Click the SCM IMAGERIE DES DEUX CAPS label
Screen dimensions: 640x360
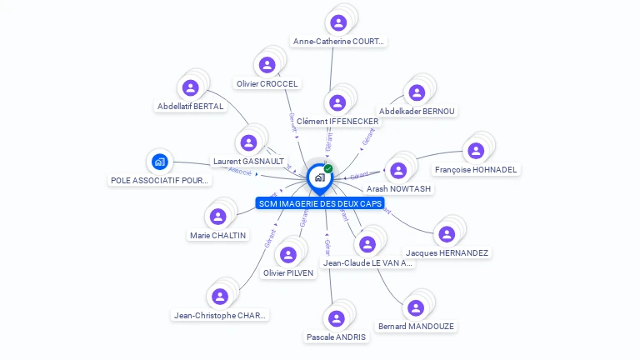point(320,203)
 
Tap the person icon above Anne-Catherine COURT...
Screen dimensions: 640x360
point(337,22)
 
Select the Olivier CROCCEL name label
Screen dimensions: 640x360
point(267,83)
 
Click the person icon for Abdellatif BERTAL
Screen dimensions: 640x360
point(191,87)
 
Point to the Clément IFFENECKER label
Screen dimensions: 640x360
point(337,122)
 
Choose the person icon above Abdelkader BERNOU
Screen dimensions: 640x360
point(415,92)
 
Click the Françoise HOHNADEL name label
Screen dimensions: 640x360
point(476,170)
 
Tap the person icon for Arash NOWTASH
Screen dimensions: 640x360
point(398,170)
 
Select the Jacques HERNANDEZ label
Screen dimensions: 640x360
point(447,252)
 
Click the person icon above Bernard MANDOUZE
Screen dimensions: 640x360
point(415,307)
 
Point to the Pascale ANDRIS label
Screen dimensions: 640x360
point(336,337)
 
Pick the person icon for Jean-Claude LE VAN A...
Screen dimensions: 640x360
point(367,243)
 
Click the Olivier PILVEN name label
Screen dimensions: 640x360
point(288,272)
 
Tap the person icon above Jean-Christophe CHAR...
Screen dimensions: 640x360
point(219,296)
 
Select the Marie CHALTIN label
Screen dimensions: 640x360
point(217,235)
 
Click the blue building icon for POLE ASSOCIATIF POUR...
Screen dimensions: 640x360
point(159,161)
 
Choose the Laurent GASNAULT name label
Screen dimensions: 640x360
point(248,161)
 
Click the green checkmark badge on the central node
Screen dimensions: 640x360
point(328,168)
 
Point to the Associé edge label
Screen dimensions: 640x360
point(239,172)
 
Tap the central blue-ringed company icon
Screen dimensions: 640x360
point(319,177)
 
